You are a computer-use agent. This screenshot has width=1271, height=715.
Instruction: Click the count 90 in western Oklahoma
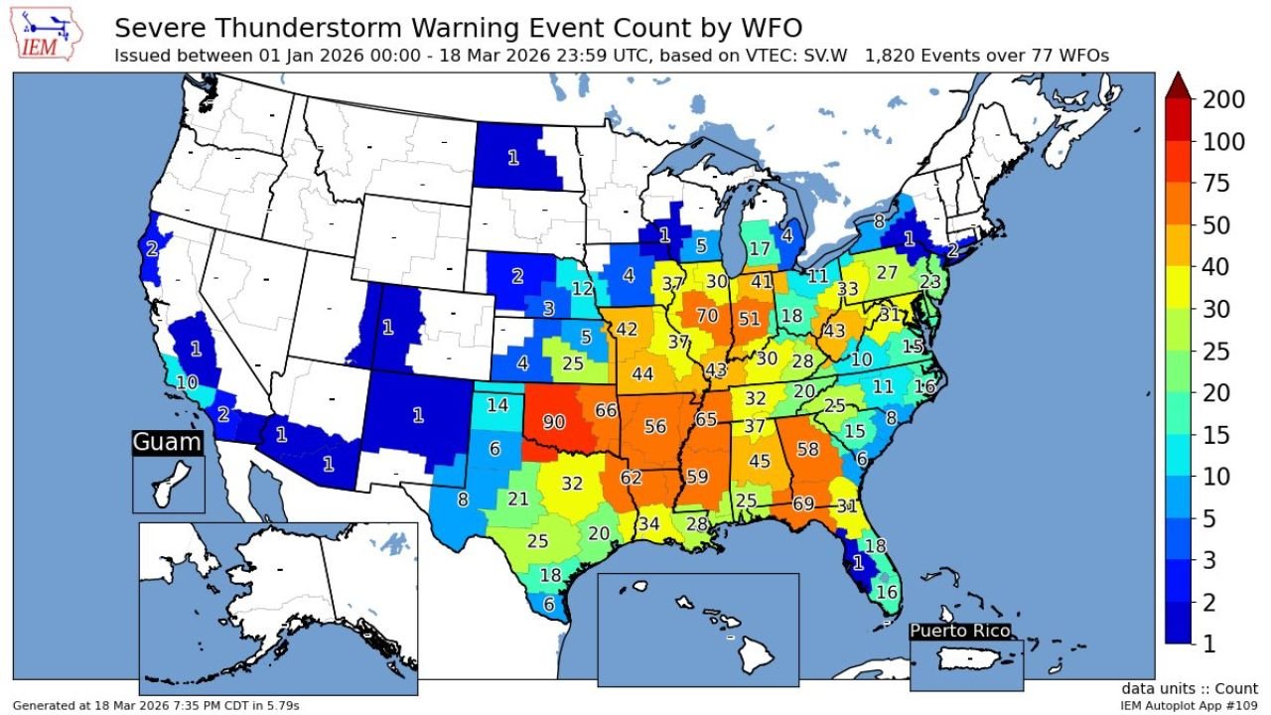(554, 422)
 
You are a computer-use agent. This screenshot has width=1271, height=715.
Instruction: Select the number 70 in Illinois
(707, 317)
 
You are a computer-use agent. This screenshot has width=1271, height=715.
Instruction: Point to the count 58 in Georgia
(807, 450)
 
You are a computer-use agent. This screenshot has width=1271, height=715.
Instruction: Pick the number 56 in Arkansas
(655, 426)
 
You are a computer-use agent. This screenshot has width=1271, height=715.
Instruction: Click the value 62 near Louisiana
(632, 478)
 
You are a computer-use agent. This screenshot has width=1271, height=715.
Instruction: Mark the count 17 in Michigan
(760, 249)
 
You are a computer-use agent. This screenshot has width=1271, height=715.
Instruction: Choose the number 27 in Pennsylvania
(887, 273)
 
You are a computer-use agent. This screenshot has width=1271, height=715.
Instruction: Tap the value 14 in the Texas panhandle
(497, 405)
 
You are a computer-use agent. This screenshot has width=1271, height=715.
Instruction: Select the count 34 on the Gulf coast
(648, 523)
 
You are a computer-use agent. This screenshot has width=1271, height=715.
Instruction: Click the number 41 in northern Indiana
(762, 282)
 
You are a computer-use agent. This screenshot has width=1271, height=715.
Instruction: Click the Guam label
(167, 443)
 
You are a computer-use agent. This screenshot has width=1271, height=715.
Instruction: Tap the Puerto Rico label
(960, 631)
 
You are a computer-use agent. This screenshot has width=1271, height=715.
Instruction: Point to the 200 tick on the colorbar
(1222, 99)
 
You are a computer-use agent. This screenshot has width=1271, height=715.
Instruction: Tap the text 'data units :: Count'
(1190, 688)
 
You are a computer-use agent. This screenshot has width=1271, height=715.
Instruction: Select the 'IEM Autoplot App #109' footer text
(1189, 705)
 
